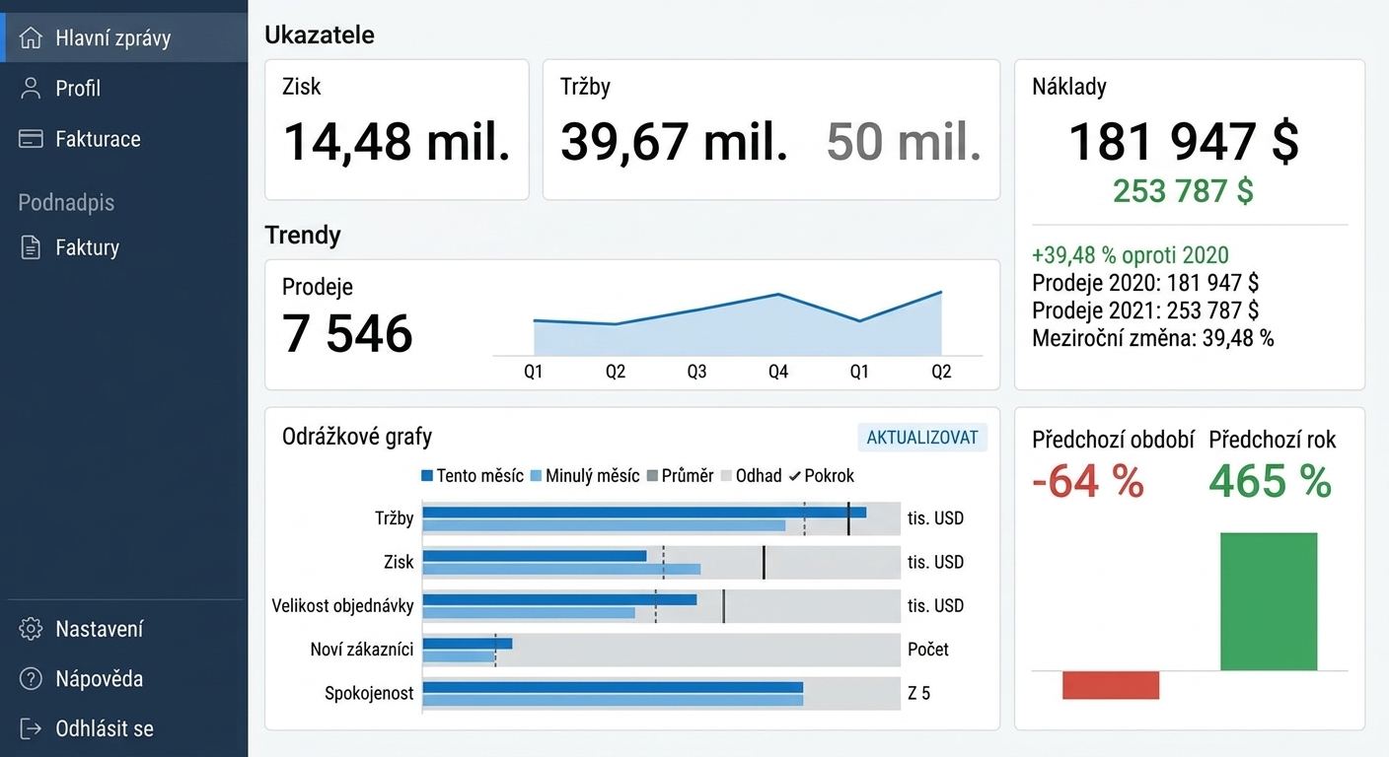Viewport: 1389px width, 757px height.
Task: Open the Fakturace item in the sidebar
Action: [x=98, y=139]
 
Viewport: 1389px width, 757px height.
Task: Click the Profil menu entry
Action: [x=78, y=89]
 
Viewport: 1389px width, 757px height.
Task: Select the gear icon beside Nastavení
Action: [x=31, y=629]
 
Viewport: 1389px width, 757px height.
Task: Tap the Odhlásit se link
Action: [x=105, y=728]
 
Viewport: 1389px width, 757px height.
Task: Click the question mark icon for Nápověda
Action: [x=31, y=679]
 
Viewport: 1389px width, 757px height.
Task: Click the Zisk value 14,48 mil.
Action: [x=397, y=142]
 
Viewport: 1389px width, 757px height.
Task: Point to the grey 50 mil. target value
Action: [x=904, y=142]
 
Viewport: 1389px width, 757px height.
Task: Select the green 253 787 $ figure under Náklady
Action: [x=1183, y=191]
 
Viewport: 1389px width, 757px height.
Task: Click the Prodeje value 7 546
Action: [x=347, y=333]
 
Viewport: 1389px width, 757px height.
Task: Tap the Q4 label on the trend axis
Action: [x=777, y=371]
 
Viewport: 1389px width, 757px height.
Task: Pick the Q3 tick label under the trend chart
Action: [x=696, y=371]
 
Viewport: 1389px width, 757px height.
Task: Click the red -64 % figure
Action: [x=1088, y=481]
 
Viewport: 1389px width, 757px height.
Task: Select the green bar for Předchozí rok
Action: [x=1269, y=601]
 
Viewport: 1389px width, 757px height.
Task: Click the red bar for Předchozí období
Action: [x=1111, y=685]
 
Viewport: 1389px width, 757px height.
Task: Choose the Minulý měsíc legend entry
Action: [x=585, y=476]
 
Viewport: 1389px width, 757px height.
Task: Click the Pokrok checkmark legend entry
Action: [x=821, y=476]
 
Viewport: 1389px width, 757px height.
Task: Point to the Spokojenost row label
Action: [x=369, y=693]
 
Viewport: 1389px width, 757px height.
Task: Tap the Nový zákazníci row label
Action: [x=361, y=650]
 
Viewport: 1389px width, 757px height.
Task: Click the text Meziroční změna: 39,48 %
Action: [x=1153, y=338]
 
